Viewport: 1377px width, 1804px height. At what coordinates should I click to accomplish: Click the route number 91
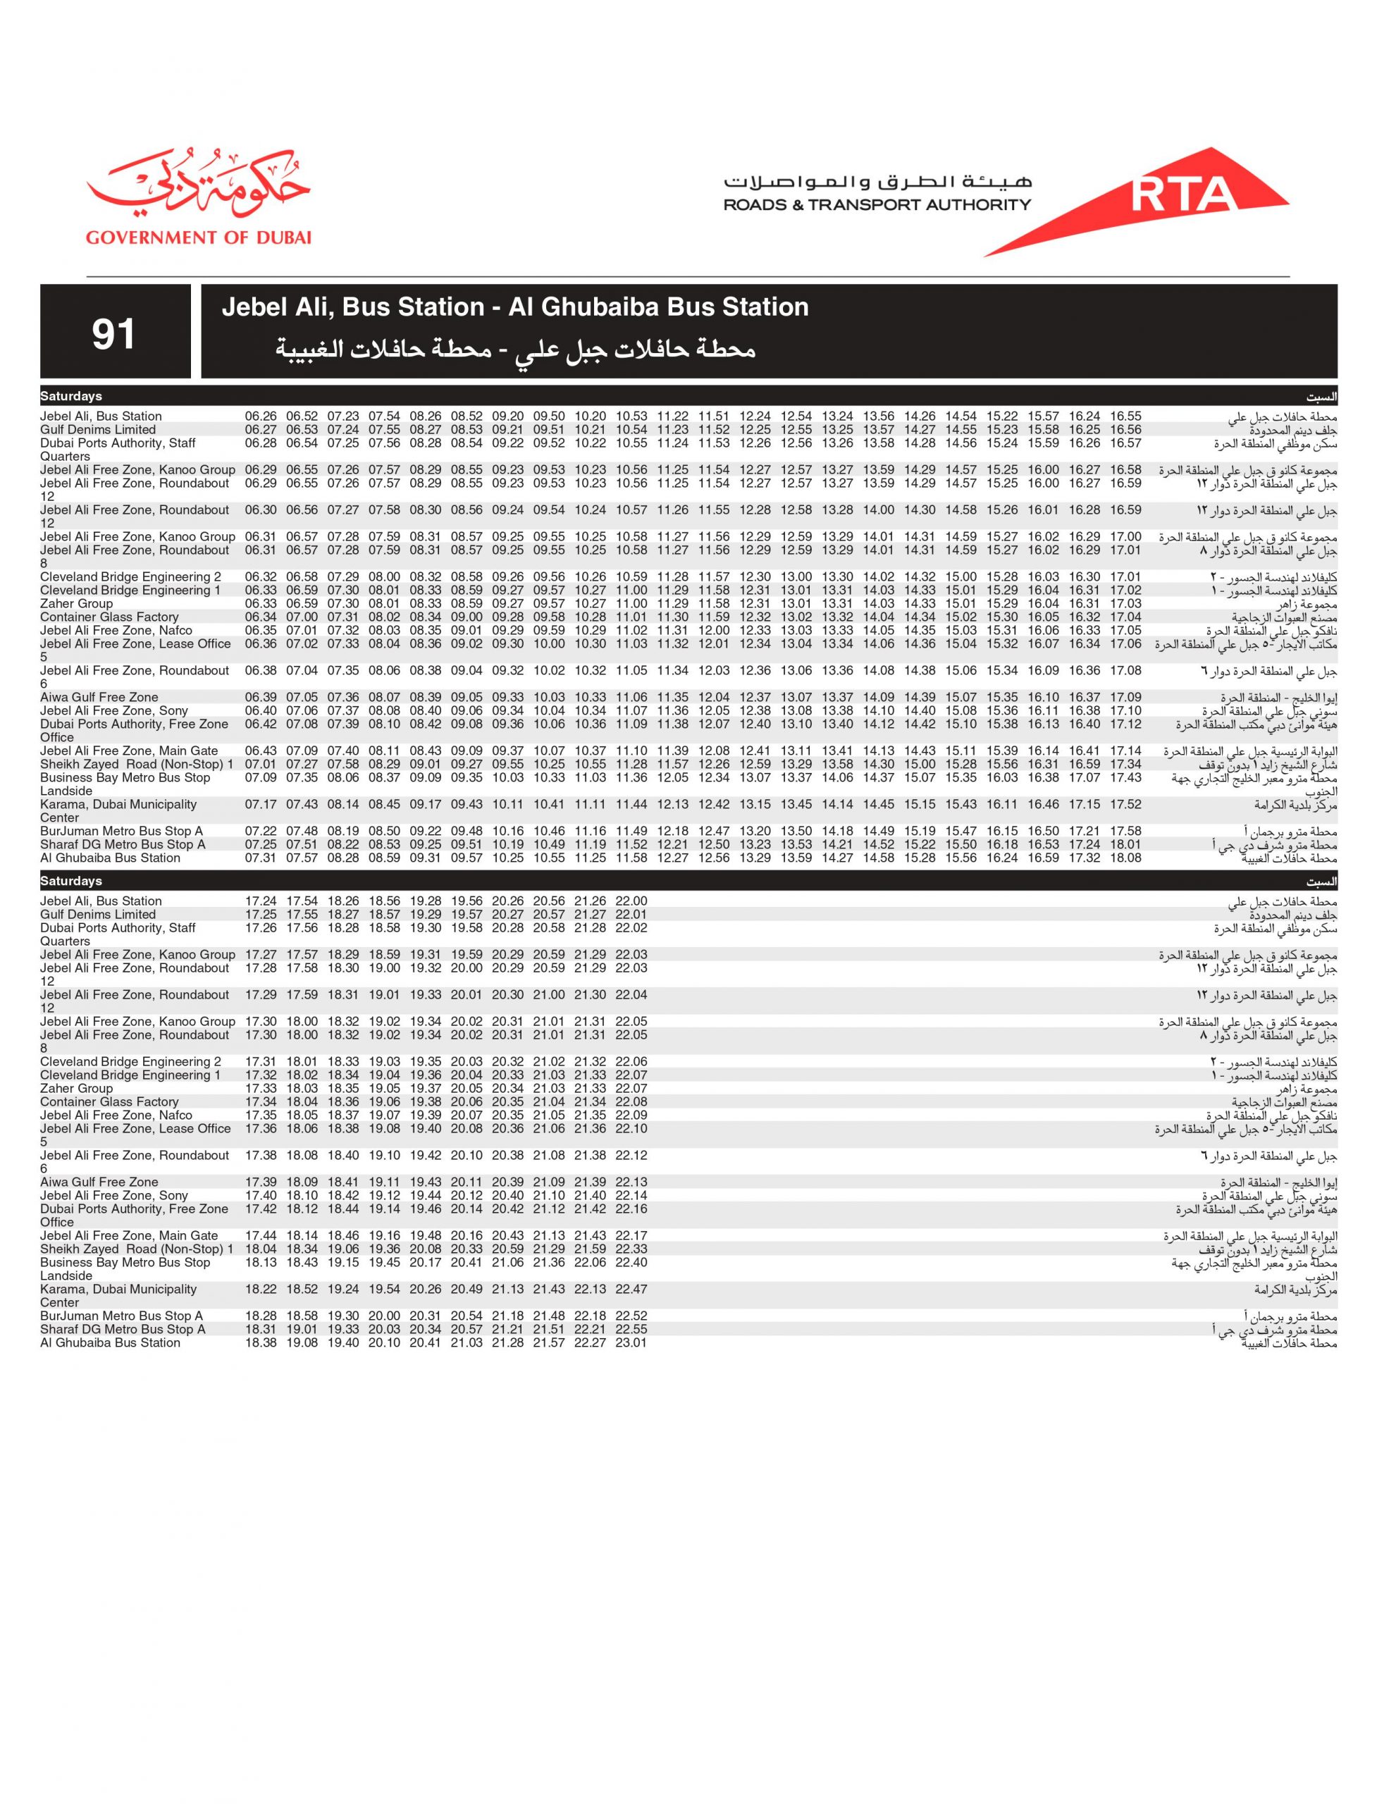point(113,333)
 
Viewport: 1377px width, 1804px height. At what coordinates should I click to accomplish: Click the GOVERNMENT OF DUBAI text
point(198,237)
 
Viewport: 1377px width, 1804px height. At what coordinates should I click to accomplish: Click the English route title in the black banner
point(514,307)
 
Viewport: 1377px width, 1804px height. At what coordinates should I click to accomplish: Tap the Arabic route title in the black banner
point(514,350)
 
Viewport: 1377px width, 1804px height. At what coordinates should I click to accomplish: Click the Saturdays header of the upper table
point(71,397)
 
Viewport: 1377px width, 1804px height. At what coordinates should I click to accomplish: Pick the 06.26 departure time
point(261,416)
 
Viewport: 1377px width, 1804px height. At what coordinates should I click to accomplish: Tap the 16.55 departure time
point(1125,416)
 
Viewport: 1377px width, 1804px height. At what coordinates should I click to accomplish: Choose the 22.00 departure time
point(631,901)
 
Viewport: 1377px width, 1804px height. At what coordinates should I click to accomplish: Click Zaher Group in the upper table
point(76,604)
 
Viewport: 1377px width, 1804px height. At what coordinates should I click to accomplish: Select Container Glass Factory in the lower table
point(109,1102)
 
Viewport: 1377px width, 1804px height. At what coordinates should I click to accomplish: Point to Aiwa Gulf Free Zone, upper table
point(99,698)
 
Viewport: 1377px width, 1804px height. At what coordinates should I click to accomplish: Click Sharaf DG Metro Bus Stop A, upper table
point(123,844)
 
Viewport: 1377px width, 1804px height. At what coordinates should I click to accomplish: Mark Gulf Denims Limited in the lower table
point(97,915)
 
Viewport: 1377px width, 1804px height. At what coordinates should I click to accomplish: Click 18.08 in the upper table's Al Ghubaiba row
point(1125,858)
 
